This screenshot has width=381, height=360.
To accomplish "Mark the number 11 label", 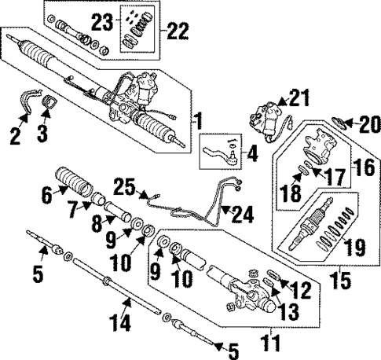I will tap(272, 343).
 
